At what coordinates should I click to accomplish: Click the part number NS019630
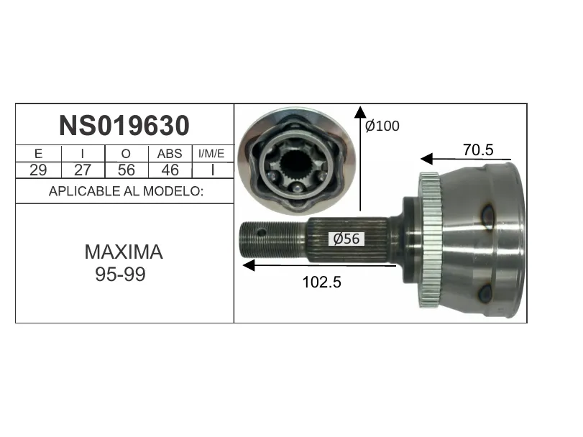(124, 126)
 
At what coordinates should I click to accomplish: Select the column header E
(38, 154)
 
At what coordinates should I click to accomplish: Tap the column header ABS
(170, 154)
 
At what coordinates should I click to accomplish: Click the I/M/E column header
(211, 154)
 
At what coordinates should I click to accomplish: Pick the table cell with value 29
(38, 170)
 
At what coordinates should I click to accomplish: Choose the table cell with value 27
(83, 170)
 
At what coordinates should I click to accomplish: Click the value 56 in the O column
(126, 170)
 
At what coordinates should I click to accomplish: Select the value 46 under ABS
(170, 170)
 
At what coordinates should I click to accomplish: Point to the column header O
(126, 154)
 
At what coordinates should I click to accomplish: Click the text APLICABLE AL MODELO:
(126, 191)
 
